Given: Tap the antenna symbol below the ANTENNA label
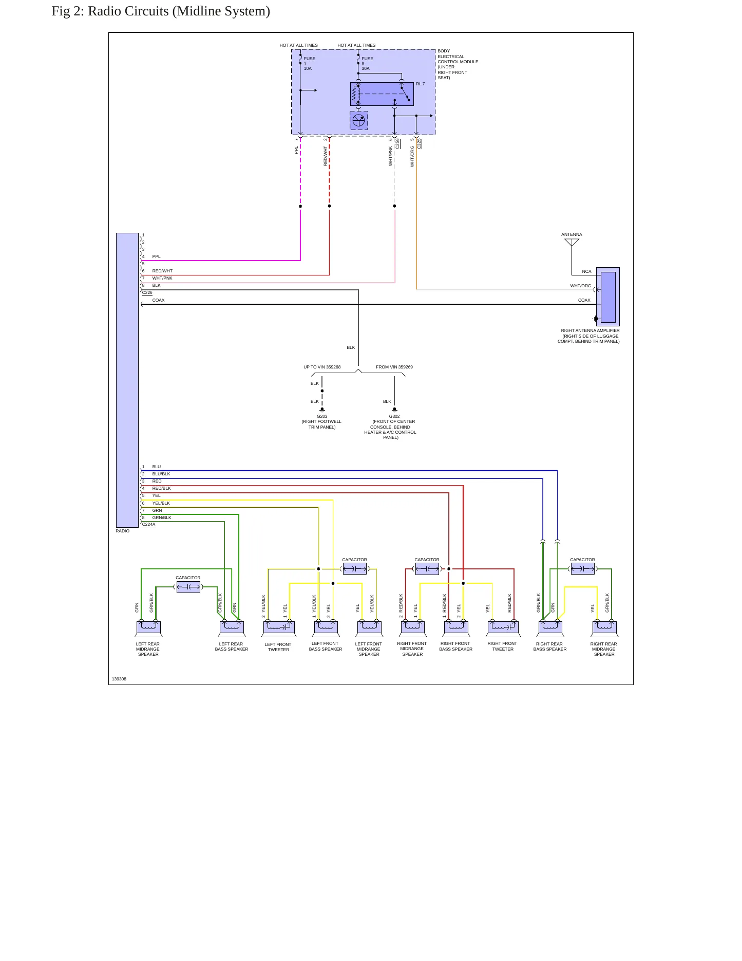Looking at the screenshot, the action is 572,243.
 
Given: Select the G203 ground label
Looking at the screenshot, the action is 322,416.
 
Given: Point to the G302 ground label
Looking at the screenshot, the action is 394,416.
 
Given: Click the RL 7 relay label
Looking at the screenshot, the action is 421,84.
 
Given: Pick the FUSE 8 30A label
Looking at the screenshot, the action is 367,63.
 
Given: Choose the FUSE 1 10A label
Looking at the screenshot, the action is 309,63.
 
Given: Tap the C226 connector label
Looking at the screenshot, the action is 147,292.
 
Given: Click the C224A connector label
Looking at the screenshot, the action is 148,524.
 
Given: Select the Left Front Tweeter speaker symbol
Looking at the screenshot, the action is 279,628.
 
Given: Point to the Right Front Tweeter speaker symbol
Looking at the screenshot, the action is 503,628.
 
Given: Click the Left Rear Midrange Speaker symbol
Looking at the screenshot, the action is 148,628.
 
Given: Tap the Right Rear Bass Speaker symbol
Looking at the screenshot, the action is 550,628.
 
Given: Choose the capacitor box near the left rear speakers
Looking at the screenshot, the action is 188,587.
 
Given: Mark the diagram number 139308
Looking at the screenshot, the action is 119,679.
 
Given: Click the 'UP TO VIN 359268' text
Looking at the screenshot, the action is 322,367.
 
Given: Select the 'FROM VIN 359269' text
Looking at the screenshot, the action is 394,367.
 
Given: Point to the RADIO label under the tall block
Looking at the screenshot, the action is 123,531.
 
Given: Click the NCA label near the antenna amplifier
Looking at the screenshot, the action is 586,271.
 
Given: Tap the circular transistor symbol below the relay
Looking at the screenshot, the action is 359,121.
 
